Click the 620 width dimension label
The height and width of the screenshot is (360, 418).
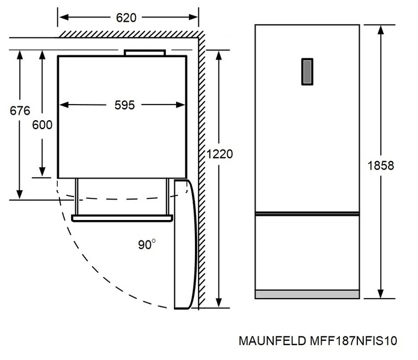(126, 17)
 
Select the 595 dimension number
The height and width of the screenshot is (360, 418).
(124, 105)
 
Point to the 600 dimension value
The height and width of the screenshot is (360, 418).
(42, 124)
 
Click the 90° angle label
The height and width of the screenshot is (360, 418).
(147, 244)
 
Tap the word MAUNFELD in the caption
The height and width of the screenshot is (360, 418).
(269, 341)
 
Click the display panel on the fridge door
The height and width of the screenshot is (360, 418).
(307, 72)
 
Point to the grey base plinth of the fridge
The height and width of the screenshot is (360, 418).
(307, 294)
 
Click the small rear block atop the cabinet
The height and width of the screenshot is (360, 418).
(144, 53)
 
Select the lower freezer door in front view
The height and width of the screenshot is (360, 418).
(307, 252)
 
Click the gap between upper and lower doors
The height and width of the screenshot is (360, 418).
(307, 213)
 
